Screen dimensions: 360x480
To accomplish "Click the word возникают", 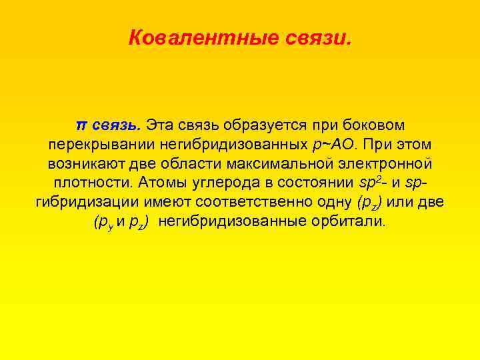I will pos(93,163).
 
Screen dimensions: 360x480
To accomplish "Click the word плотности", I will pos(88,183).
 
